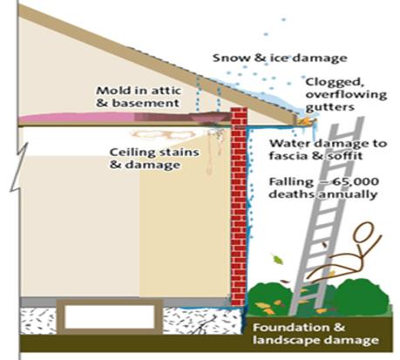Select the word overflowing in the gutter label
pos(346,95)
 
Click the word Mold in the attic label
pos(112,90)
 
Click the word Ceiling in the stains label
pos(131,153)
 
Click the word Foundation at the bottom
pos(291,327)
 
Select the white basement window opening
pos(110,316)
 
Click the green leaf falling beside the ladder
pos(277,259)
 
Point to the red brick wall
pos(239,207)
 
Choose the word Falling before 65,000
pos(289,182)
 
